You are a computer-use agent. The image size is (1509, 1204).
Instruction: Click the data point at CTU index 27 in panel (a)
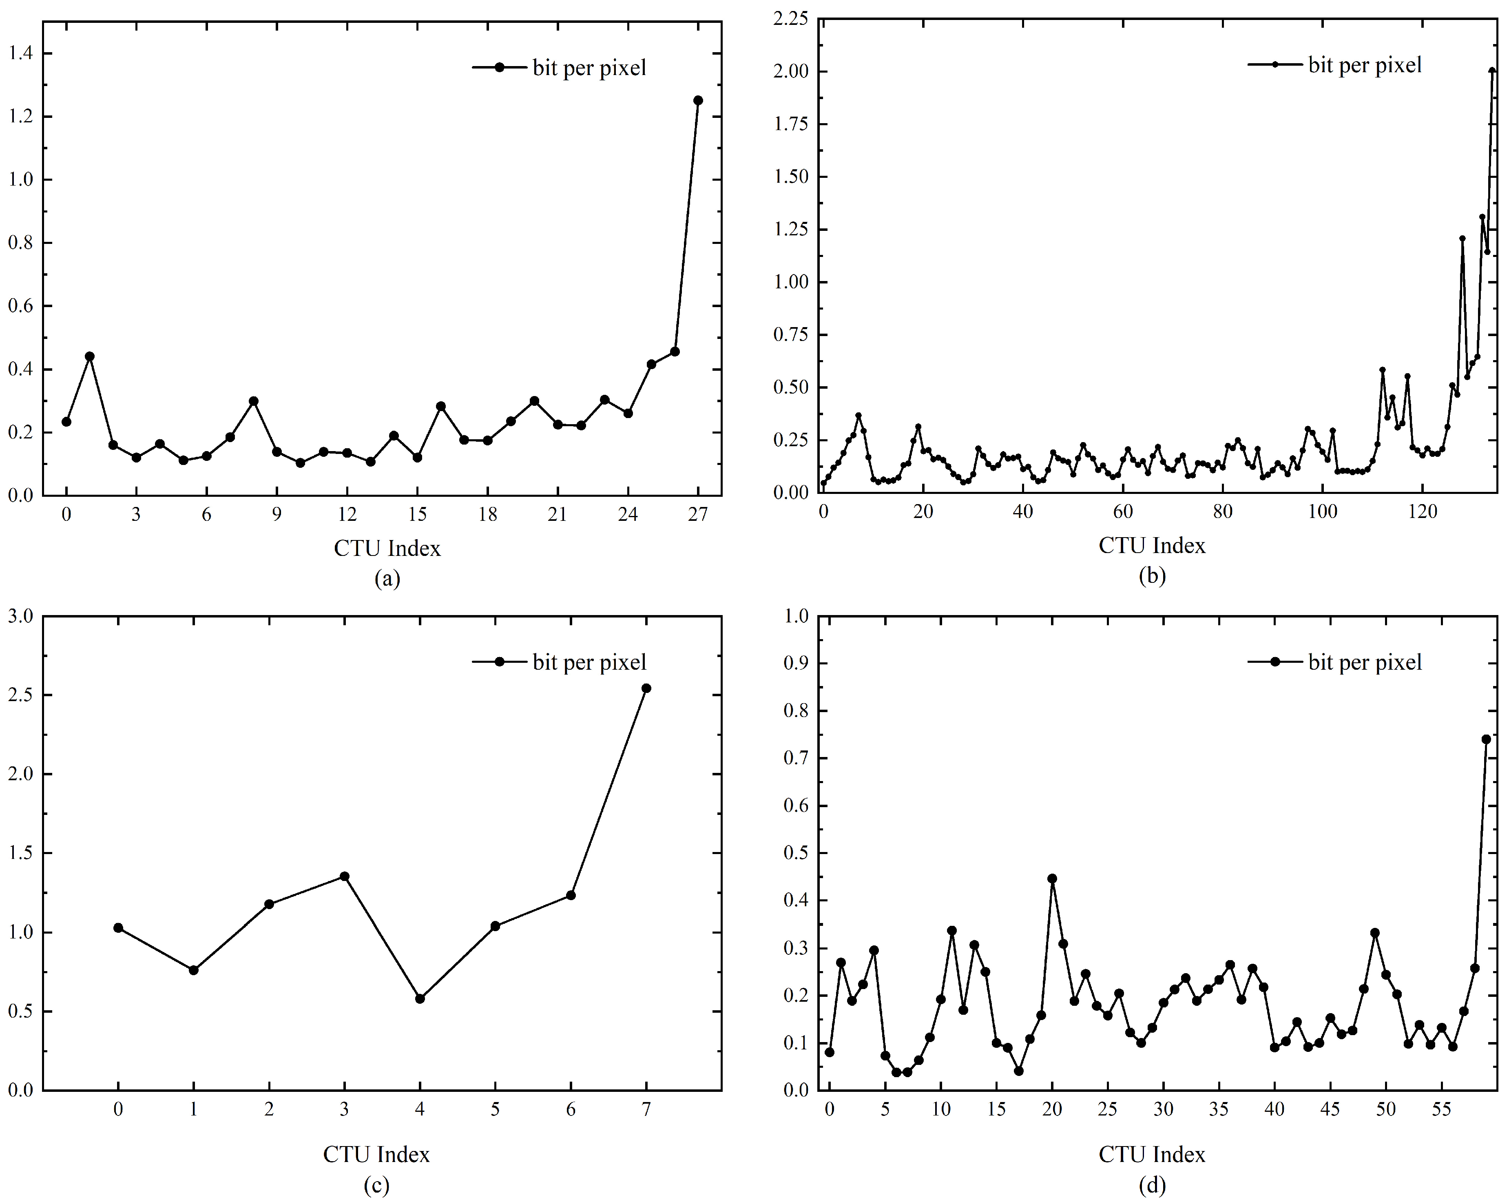coord(698,100)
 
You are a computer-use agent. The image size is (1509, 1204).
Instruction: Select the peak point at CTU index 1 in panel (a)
coord(90,356)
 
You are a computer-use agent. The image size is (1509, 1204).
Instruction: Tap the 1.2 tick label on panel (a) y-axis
coord(20,116)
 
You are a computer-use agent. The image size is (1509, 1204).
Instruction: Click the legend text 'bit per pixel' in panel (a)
coord(589,68)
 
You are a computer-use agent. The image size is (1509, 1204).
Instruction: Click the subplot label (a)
coord(387,578)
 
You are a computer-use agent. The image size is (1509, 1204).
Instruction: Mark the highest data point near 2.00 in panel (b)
coord(1491,71)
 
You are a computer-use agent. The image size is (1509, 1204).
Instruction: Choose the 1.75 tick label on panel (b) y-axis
coord(790,124)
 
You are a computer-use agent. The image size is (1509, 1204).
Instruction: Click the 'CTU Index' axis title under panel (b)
coord(1152,545)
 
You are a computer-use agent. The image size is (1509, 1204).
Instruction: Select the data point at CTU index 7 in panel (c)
coord(646,688)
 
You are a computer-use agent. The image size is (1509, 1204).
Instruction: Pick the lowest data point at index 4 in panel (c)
coord(420,998)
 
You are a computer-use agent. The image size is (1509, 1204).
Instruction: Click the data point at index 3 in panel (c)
coord(344,876)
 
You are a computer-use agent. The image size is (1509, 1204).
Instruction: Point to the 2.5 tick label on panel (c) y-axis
coord(20,695)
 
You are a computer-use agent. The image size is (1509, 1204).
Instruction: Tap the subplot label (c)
coord(376,1185)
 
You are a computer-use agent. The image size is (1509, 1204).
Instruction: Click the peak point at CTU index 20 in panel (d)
coord(1052,879)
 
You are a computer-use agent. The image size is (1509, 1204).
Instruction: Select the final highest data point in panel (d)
coord(1486,739)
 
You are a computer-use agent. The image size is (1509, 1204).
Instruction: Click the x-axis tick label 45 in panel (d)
coord(1330,1109)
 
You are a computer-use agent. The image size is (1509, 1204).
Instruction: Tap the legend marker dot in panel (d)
coord(1275,662)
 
